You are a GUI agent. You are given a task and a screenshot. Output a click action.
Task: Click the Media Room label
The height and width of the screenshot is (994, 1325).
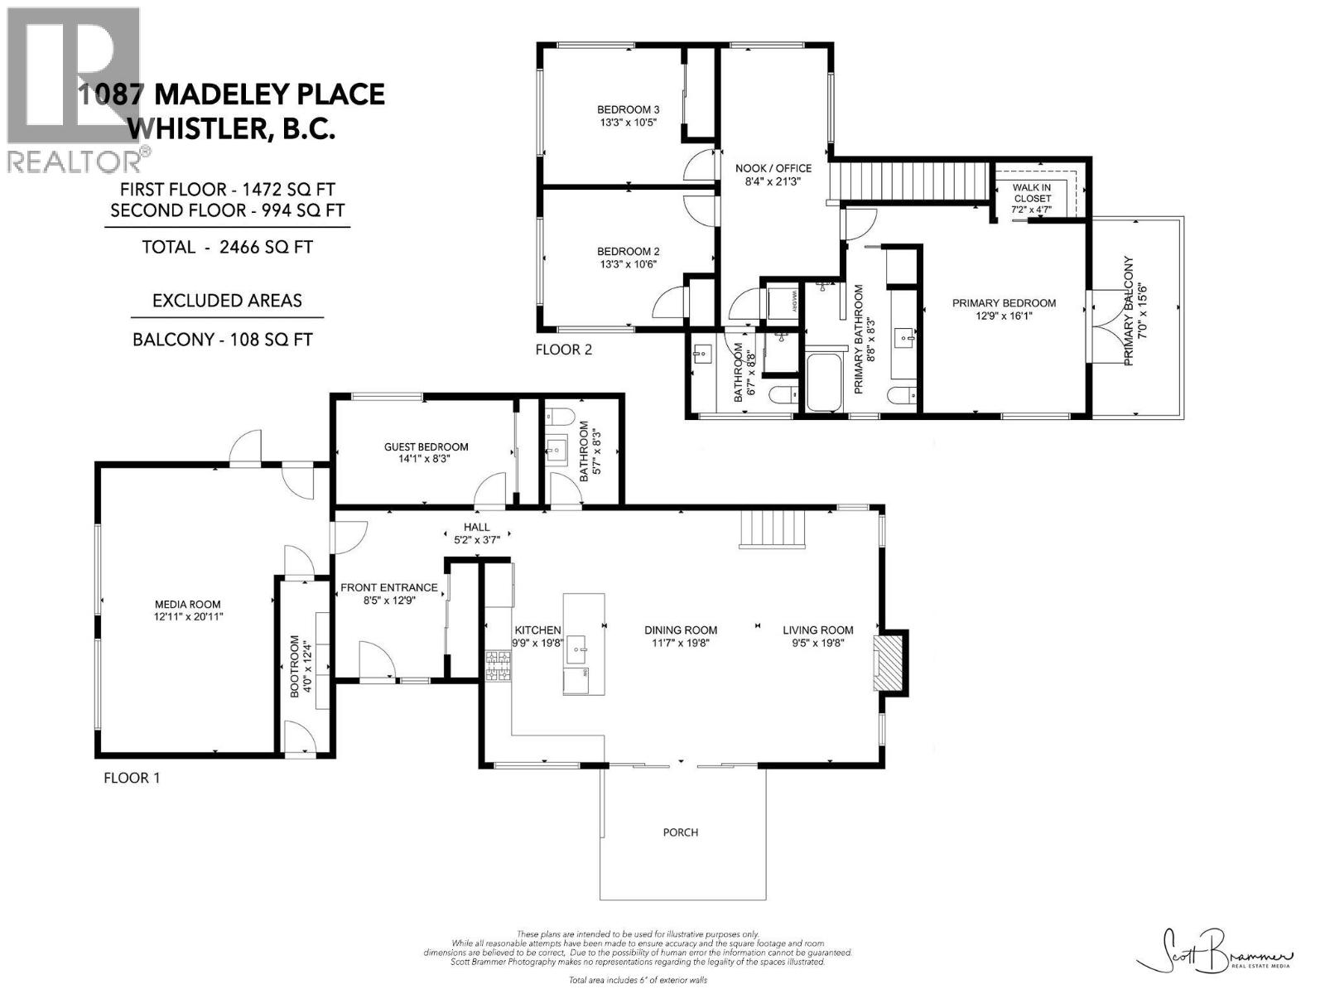pyautogui.click(x=188, y=604)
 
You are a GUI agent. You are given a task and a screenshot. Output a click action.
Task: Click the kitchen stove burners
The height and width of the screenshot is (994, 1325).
pyautogui.click(x=499, y=666)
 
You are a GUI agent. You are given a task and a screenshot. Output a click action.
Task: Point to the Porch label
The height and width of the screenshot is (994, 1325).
pyautogui.click(x=680, y=832)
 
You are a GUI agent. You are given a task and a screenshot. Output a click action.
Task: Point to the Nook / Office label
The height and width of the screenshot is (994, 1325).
pyautogui.click(x=773, y=168)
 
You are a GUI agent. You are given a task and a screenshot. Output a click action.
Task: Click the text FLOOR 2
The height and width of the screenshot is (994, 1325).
pyautogui.click(x=564, y=350)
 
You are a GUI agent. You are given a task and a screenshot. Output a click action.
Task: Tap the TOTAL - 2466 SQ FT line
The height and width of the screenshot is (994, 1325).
pyautogui.click(x=228, y=247)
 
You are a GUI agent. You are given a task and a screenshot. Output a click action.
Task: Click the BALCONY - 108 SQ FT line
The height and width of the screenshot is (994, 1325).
pyautogui.click(x=223, y=340)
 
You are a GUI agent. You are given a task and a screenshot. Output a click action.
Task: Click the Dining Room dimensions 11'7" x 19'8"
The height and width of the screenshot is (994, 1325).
pyautogui.click(x=681, y=642)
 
